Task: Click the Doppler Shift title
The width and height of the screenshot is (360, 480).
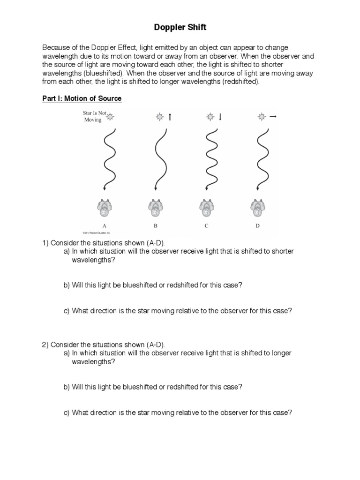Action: pos(180,28)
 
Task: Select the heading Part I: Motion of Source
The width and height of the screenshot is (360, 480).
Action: pos(82,98)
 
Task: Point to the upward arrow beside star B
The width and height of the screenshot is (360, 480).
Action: pos(170,117)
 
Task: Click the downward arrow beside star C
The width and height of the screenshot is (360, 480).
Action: pos(219,117)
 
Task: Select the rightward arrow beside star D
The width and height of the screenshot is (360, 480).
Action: pos(272,117)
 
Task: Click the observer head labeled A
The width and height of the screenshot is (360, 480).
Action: pos(105,208)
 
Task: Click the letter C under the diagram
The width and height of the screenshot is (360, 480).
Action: pos(206,225)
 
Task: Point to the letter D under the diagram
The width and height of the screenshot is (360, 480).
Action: pos(257,225)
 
